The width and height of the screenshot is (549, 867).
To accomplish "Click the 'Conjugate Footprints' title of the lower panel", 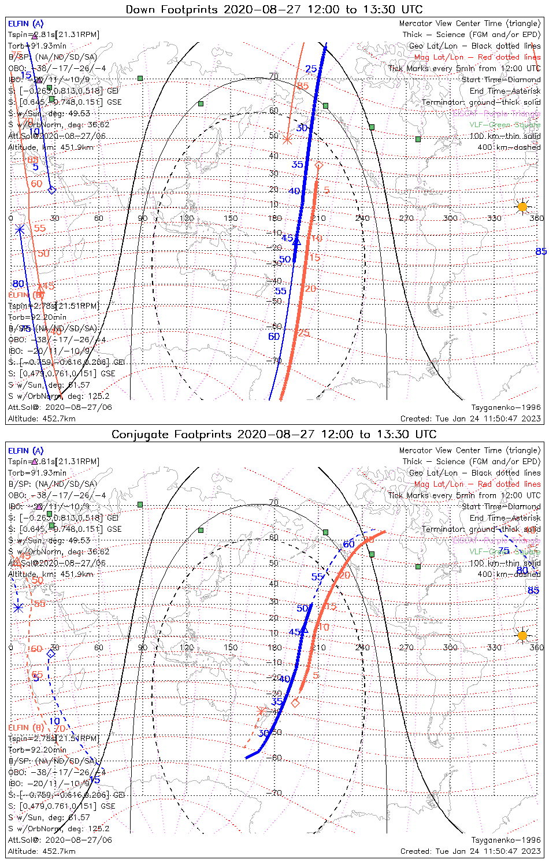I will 167,434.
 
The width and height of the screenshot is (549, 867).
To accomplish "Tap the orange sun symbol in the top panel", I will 522,206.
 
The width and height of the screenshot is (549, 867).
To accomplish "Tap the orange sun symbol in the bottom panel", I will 522,636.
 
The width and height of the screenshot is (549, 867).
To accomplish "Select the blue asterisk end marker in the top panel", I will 20,229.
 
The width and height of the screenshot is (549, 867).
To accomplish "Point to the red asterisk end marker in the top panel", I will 287,139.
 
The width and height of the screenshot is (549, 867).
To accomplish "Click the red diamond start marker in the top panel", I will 318,166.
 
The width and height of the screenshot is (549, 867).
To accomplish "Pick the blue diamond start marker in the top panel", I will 51,190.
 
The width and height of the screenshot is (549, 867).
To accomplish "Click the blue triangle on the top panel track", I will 296,241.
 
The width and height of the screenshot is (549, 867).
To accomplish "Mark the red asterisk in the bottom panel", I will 262,710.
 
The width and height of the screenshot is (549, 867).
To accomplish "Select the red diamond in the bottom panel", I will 295,703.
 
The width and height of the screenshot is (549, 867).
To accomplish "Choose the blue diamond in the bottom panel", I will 51,654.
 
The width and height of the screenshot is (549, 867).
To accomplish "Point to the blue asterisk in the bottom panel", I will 18,607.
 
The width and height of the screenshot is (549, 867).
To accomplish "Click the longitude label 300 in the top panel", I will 450,218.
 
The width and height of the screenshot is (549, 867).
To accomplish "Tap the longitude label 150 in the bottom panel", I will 231,647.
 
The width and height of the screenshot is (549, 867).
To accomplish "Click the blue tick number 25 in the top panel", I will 311,69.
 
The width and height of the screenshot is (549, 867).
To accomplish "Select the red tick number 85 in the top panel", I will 303,86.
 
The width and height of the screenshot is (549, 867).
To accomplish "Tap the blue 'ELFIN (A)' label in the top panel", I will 25,24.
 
